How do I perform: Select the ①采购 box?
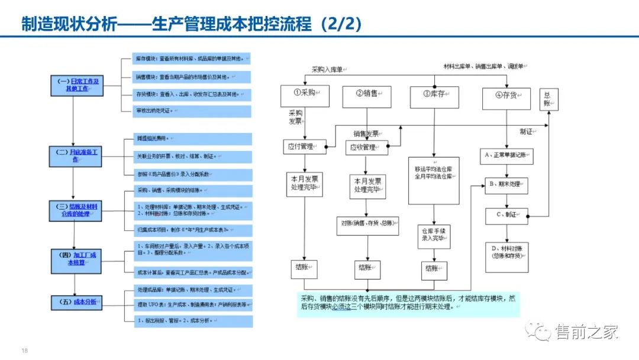click(x=305, y=95)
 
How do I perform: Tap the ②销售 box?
click(x=366, y=95)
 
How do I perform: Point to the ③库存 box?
click(x=434, y=95)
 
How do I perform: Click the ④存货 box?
click(x=506, y=96)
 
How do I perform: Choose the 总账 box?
click(x=548, y=99)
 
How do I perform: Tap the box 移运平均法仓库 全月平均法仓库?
click(x=434, y=180)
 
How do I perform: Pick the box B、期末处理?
click(x=506, y=184)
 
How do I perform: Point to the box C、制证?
click(x=506, y=216)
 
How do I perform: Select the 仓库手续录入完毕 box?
click(x=434, y=234)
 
